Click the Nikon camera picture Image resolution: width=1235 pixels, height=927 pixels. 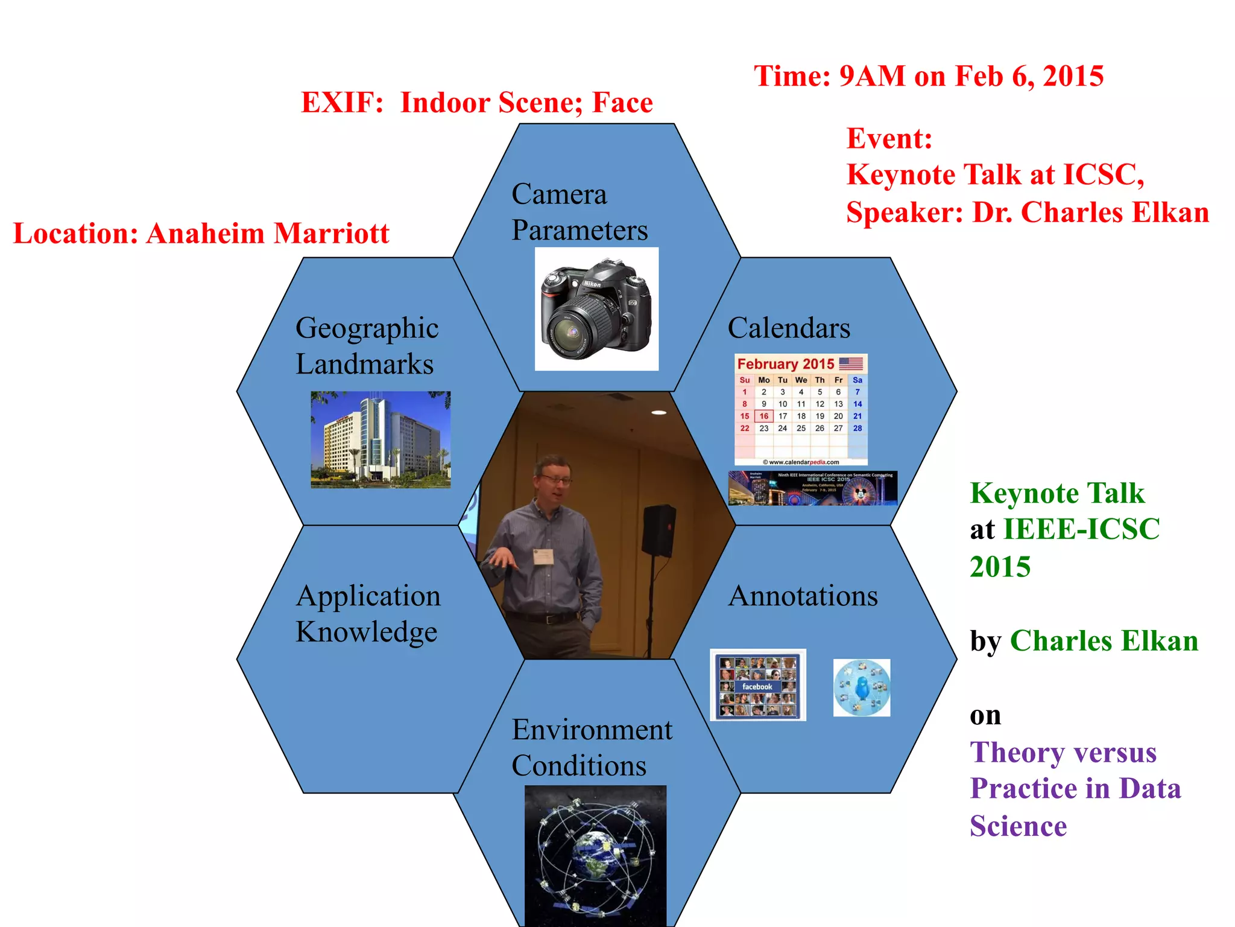pyautogui.click(x=596, y=309)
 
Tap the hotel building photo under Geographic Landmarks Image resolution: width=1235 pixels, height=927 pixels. pyautogui.click(x=381, y=439)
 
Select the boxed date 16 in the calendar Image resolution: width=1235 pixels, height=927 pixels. pyautogui.click(x=763, y=416)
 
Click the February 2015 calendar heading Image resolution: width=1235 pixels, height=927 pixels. pyautogui.click(x=786, y=364)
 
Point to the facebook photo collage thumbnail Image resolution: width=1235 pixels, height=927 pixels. pyautogui.click(x=758, y=686)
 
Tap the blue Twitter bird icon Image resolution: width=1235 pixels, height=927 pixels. pyautogui.click(x=862, y=688)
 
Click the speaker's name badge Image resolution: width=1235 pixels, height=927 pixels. pyautogui.click(x=543, y=556)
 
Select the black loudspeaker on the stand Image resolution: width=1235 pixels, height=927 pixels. pyautogui.click(x=658, y=530)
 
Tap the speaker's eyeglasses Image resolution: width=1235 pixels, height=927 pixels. pyautogui.click(x=555, y=479)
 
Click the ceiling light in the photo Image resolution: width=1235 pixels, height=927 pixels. pyautogui.click(x=659, y=413)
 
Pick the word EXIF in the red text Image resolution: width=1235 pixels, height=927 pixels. pyautogui.click(x=341, y=103)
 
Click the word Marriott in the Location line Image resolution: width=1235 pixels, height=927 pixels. pyautogui.click(x=331, y=234)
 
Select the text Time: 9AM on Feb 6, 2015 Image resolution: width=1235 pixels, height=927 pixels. pyautogui.click(x=929, y=77)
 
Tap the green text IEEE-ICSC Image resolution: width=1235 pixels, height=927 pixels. pyautogui.click(x=1081, y=529)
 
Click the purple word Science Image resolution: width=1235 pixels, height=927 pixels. pyautogui.click(x=1018, y=826)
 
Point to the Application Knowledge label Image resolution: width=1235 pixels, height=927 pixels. pyautogui.click(x=368, y=614)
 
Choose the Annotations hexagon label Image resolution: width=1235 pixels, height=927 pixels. pyautogui.click(x=803, y=596)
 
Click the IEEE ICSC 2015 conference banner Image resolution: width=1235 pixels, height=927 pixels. pyautogui.click(x=812, y=488)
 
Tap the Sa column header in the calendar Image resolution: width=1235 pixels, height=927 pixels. pyautogui.click(x=857, y=380)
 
